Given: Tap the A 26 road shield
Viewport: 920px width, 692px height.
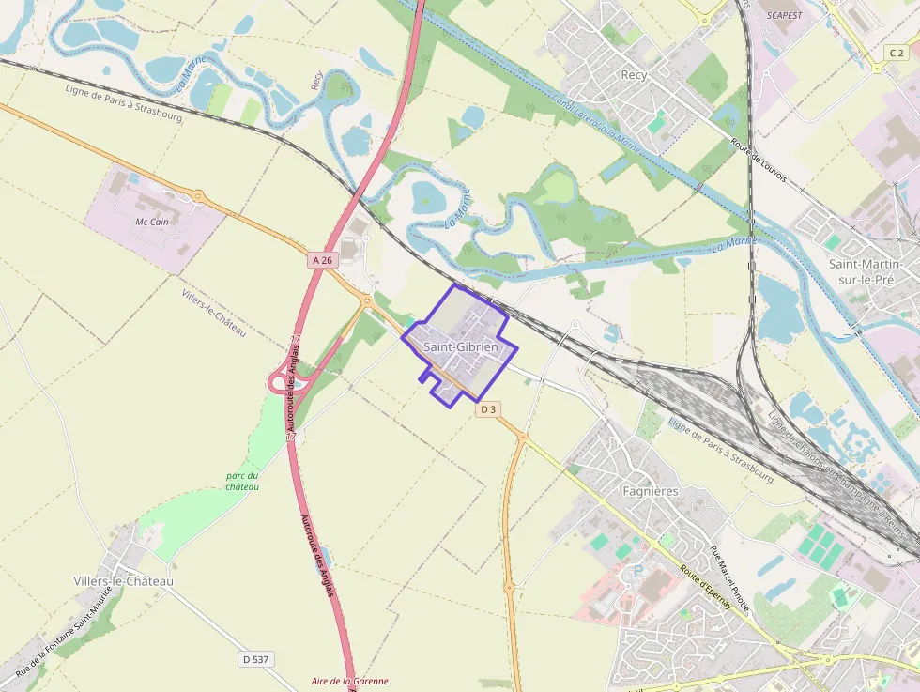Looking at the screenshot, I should point(322,259).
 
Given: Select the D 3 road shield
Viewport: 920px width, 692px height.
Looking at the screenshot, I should point(487,409).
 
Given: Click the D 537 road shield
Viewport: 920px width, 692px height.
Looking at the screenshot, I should point(254,659).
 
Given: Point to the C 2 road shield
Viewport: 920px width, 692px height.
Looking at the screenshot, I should point(897,54).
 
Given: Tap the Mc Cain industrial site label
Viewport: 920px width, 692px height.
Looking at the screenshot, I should point(152,222).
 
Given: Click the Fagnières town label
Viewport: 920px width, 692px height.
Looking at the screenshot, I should point(651,491).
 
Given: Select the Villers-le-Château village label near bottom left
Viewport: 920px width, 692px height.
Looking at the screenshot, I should point(123,581).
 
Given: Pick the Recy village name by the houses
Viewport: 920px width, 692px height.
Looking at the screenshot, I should point(635,74).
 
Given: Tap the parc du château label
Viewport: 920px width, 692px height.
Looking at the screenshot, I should point(242,481).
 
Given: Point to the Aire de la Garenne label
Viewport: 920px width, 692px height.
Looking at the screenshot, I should point(349,682).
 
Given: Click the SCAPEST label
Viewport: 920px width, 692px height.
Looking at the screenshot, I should point(785,16).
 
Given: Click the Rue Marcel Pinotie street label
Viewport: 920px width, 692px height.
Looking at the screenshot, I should point(729,577).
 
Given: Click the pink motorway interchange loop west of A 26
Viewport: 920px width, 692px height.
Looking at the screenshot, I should point(279,381).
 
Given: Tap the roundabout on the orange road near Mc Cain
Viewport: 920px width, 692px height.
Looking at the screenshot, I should point(198,196).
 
